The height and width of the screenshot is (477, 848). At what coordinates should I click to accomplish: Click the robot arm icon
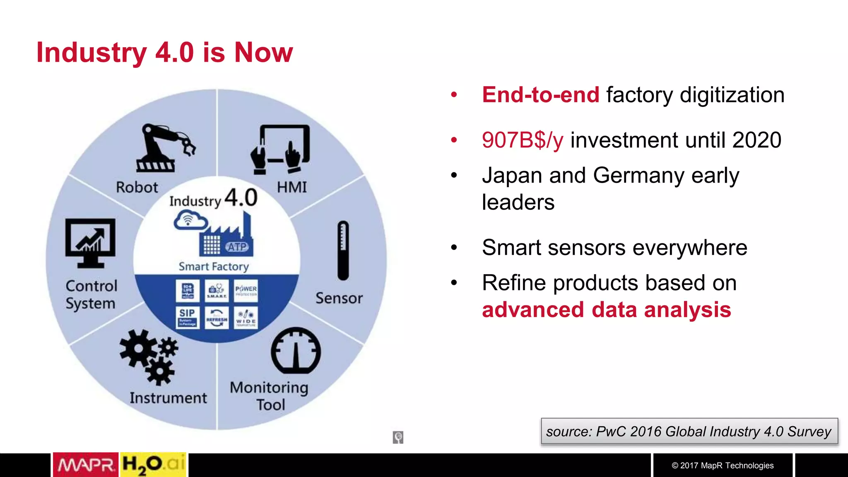(164, 148)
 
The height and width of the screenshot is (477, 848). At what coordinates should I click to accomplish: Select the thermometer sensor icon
(343, 251)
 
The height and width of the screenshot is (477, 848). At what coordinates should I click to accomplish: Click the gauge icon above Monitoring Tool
(296, 351)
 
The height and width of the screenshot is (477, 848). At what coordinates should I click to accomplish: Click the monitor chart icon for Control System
(90, 243)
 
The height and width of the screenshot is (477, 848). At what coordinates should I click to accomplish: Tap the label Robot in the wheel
(137, 187)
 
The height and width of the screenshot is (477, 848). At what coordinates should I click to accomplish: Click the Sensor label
(339, 298)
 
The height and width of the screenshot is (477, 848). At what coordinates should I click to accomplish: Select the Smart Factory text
(214, 266)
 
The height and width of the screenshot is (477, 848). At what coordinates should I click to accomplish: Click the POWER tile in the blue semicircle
(246, 290)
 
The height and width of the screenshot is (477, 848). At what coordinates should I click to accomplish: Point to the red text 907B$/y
(523, 140)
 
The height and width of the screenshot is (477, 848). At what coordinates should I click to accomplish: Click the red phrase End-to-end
(540, 95)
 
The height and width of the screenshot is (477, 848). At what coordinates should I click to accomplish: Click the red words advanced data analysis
(606, 310)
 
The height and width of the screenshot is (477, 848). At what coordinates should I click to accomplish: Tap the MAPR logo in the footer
(86, 465)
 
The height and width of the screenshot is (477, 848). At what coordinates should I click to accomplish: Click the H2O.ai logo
(153, 465)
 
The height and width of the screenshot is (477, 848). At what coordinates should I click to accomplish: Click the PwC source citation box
(689, 431)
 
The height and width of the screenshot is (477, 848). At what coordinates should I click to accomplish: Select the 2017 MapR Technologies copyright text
(723, 465)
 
